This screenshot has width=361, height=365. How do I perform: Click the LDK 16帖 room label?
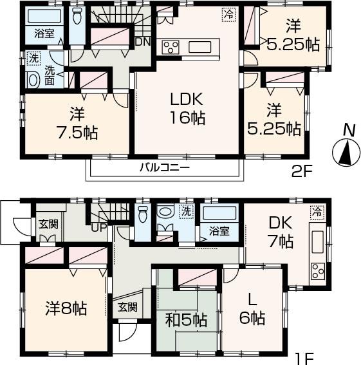click(x=187, y=109)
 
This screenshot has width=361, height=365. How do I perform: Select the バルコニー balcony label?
click(x=165, y=167)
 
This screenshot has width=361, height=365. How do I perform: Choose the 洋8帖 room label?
click(x=66, y=306)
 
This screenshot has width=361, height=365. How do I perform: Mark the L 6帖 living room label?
click(x=253, y=309)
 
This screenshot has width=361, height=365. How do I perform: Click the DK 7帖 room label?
click(x=281, y=232)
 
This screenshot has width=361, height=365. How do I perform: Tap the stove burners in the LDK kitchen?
click(x=171, y=46)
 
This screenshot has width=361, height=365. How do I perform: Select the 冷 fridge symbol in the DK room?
click(x=316, y=211)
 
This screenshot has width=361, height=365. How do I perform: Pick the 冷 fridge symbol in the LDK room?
click(x=228, y=13)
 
